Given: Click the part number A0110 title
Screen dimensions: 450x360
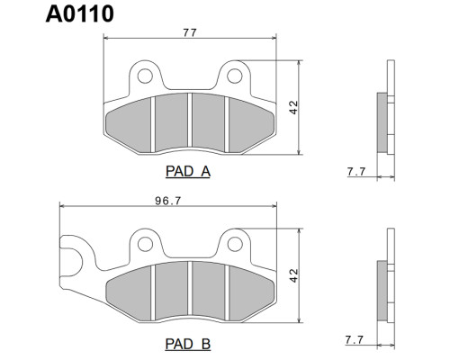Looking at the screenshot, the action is tap(80, 13).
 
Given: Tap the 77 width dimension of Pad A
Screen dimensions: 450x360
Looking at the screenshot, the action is tap(190, 32).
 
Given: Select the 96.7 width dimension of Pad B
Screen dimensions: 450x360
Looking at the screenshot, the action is tap(168, 201).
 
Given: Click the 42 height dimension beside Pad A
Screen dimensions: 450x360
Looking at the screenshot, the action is tap(294, 107).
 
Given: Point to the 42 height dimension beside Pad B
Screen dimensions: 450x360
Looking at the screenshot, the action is tap(294, 275).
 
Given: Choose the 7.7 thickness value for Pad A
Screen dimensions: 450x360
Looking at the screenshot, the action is tap(356, 172).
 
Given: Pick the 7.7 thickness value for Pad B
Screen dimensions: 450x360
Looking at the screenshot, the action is tap(355, 340).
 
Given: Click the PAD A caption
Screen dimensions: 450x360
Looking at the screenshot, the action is tap(188, 172).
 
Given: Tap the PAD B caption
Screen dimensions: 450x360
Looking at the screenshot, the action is tap(188, 344).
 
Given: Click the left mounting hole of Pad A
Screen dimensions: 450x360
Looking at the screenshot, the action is tap(145, 76).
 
